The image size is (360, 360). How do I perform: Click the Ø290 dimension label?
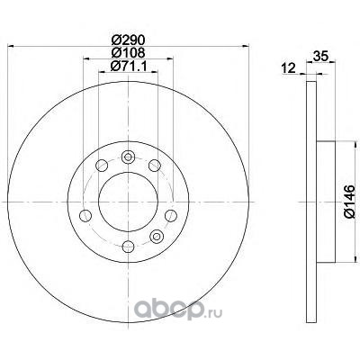(128, 40)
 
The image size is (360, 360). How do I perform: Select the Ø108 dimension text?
(128, 53)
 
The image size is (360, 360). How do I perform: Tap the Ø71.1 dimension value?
(129, 66)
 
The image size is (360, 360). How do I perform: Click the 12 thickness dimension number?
(289, 68)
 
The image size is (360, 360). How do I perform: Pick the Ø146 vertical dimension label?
(349, 202)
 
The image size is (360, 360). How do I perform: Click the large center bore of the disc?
(128, 202)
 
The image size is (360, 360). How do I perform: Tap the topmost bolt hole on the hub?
(128, 157)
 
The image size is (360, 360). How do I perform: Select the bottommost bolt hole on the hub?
(128, 247)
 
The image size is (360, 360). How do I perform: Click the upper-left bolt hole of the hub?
(102, 166)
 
